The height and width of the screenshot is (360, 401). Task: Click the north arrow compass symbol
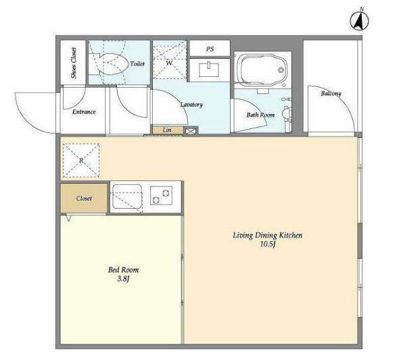pos(359,21)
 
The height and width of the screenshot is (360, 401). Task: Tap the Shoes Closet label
pos(74,63)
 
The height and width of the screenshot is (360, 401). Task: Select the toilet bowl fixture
pos(109,64)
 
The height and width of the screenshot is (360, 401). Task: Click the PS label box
pos(210,48)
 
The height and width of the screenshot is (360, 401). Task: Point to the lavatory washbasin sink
pos(209,70)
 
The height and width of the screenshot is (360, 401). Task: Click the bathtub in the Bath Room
pos(262,70)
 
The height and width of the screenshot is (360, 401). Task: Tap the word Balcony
pos(331,93)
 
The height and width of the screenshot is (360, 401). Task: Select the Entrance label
pos(84,112)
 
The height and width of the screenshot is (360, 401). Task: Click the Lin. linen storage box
pos(168,130)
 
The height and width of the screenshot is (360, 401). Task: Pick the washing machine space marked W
pos(169,62)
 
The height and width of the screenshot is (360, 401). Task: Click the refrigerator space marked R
pos(81,161)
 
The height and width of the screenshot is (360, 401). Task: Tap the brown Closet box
pos(84,199)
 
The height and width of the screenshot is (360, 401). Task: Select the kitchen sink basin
pos(127,197)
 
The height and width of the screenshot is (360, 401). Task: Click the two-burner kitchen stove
pos(161,195)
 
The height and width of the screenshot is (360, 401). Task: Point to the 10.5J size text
pos(268,245)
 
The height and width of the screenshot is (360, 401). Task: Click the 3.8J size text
pos(123,279)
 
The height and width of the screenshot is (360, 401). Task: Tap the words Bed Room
pos(123,269)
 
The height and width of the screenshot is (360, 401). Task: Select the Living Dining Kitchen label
pos(268,235)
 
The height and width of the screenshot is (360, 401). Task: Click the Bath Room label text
pos(260,115)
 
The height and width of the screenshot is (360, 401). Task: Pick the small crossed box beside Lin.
pos(190,131)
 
